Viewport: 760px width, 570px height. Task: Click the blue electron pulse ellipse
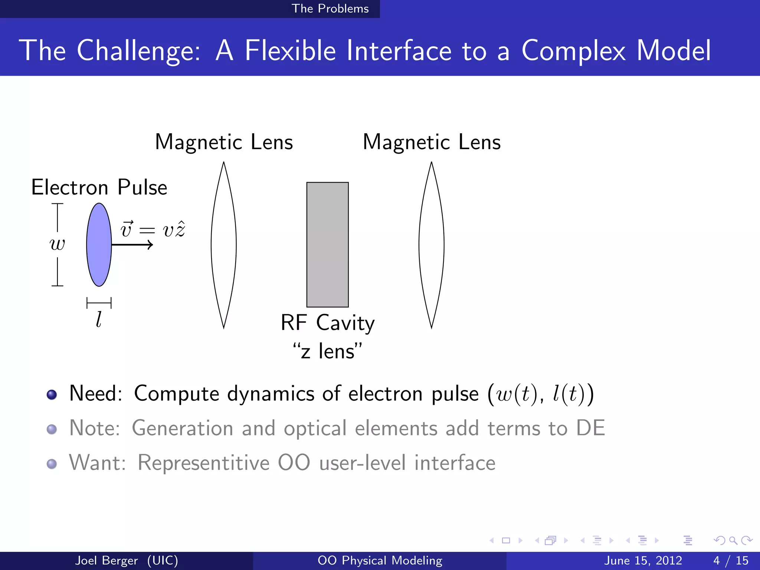99,245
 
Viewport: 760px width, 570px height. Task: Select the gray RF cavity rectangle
327,245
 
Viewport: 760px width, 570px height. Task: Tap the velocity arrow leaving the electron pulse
134,245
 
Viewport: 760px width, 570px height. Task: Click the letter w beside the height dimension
57,244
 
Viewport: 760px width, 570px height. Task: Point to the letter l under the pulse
98,319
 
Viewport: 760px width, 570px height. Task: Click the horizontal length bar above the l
99,303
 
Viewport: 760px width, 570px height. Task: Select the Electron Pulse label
99,187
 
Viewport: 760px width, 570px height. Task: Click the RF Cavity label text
327,322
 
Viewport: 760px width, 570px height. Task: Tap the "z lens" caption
327,351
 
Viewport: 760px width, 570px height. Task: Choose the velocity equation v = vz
153,229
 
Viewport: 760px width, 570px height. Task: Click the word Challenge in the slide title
138,50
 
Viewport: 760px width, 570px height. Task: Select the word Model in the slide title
673,50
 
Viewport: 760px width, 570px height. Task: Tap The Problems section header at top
330,9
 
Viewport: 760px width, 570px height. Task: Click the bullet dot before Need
52,394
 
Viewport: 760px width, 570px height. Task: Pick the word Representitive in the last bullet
203,463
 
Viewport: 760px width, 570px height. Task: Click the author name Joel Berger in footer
107,560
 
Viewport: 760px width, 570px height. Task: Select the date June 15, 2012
643,560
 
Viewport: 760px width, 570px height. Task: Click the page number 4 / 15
731,560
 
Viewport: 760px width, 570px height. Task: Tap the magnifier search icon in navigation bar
733,540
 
